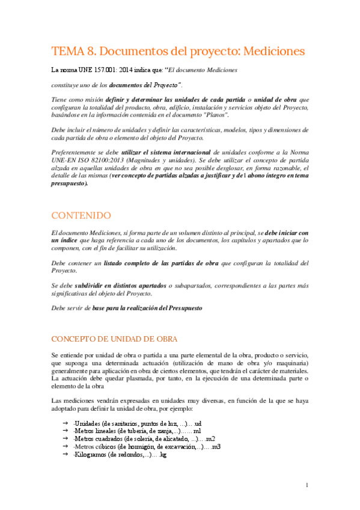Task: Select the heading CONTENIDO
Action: click(x=81, y=215)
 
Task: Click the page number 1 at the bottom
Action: click(x=307, y=485)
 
